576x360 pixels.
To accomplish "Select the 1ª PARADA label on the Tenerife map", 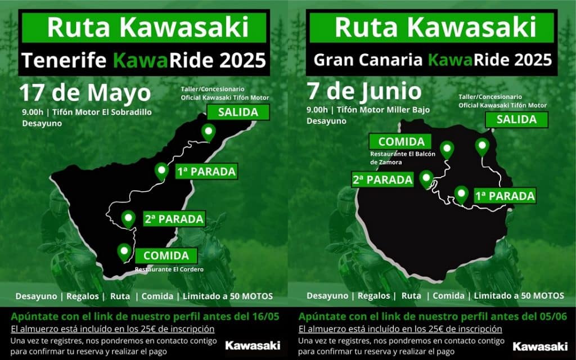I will (205, 170).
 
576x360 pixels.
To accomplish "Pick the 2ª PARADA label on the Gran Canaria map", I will (383, 181).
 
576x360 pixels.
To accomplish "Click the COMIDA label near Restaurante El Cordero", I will (165, 256).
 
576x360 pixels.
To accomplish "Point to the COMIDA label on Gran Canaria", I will (400, 142).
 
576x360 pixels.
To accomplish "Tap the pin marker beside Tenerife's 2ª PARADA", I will (129, 218).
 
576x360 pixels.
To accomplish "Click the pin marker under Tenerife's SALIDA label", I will (209, 133).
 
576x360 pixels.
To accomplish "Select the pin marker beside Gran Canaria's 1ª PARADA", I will (462, 194).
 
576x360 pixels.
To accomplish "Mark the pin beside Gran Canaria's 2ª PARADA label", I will (426, 178).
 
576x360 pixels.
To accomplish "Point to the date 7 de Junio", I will (363, 91).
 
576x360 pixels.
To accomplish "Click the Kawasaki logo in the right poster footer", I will (540, 346).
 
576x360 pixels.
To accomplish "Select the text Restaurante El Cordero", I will (169, 269).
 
